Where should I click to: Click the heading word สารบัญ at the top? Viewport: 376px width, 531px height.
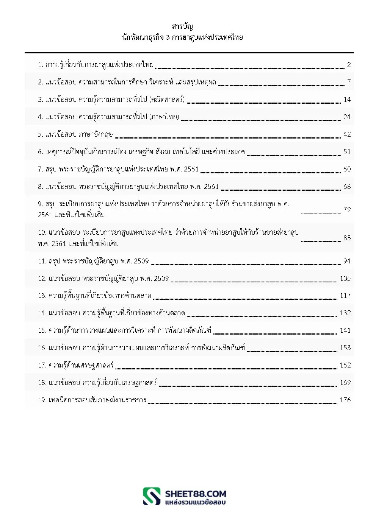coord(182,26)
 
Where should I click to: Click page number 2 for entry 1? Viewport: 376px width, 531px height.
coord(349,65)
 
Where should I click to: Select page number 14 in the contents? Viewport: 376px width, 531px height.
coord(347,100)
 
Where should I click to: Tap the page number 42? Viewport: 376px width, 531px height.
coord(347,134)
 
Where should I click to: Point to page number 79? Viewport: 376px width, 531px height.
coord(347,209)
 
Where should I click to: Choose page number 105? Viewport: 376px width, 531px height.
coord(345,279)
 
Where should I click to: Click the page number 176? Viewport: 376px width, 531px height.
coord(345,400)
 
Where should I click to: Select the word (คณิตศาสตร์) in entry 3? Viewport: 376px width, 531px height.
coord(167,100)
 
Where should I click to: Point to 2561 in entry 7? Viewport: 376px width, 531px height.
coord(191,169)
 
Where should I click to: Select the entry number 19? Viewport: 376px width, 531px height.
coord(42,400)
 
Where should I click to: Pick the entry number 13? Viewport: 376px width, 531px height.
coord(42,296)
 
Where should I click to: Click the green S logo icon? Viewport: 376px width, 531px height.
coord(152,496)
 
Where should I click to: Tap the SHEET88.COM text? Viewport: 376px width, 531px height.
coord(196,494)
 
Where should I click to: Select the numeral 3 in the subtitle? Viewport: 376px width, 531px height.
coord(168,37)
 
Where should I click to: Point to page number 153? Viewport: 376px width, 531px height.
coord(345,348)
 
